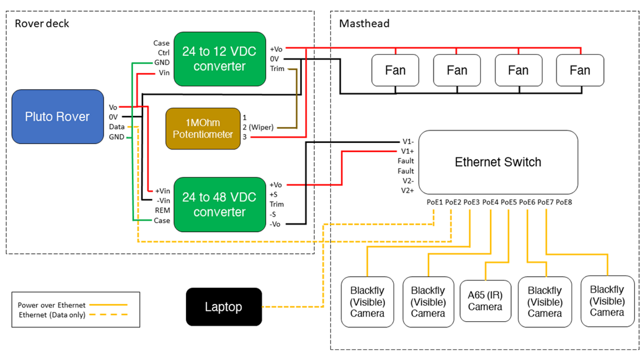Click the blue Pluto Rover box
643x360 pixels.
[x=58, y=117]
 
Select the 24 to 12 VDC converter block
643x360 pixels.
[x=220, y=59]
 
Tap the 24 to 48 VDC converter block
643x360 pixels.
[x=220, y=205]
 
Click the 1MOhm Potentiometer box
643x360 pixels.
[x=203, y=129]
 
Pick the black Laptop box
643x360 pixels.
[x=224, y=307]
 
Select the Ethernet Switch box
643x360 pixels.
[x=498, y=162]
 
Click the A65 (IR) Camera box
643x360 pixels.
[x=485, y=301]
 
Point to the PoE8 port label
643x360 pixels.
[x=564, y=202]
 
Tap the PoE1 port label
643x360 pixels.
[x=434, y=202]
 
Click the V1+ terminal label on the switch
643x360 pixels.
[x=408, y=151]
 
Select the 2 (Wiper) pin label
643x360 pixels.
[x=258, y=127]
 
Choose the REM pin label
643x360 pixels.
[x=162, y=211]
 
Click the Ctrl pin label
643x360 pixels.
[x=164, y=53]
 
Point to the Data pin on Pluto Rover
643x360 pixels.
[x=117, y=127]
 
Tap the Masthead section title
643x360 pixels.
[x=364, y=24]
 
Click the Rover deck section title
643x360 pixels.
[x=42, y=24]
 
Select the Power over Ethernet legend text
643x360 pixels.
[x=52, y=305]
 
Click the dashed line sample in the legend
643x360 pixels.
[x=109, y=315]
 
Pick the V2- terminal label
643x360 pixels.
[x=408, y=181]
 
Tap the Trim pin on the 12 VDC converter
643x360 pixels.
[x=277, y=69]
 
